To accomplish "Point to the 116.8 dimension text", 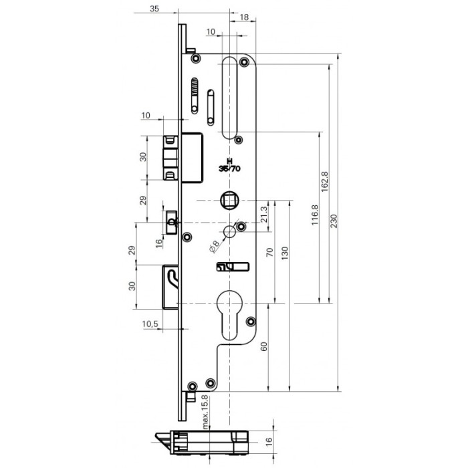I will click(x=315, y=215).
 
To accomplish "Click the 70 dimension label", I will click(x=270, y=253).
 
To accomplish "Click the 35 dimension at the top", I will click(x=154, y=9).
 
